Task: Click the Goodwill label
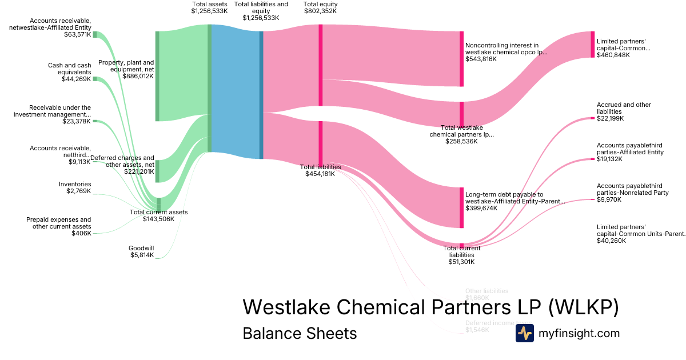pyautogui.click(x=138, y=248)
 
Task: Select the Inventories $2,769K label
pyautogui.click(x=75, y=187)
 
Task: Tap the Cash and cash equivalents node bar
pyautogui.click(x=95, y=79)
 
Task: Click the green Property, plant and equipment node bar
pyautogui.click(x=157, y=76)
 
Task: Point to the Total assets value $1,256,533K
pyautogui.click(x=210, y=10)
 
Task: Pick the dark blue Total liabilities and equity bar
pyautogui.click(x=261, y=94)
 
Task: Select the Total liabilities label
pyautogui.click(x=320, y=167)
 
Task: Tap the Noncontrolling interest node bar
pyautogui.click(x=461, y=59)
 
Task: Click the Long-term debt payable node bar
pyautogui.click(x=461, y=207)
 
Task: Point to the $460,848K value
pyautogui.click(x=615, y=55)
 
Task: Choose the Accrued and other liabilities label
pyautogui.click(x=624, y=108)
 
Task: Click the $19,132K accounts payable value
pyautogui.click(x=610, y=159)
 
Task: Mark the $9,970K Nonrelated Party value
pyautogui.click(x=609, y=200)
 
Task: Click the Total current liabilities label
pyautogui.click(x=462, y=251)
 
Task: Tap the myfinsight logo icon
pyautogui.click(x=524, y=333)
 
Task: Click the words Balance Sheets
pyautogui.click(x=300, y=333)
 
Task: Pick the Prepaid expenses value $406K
pyautogui.click(x=81, y=233)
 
